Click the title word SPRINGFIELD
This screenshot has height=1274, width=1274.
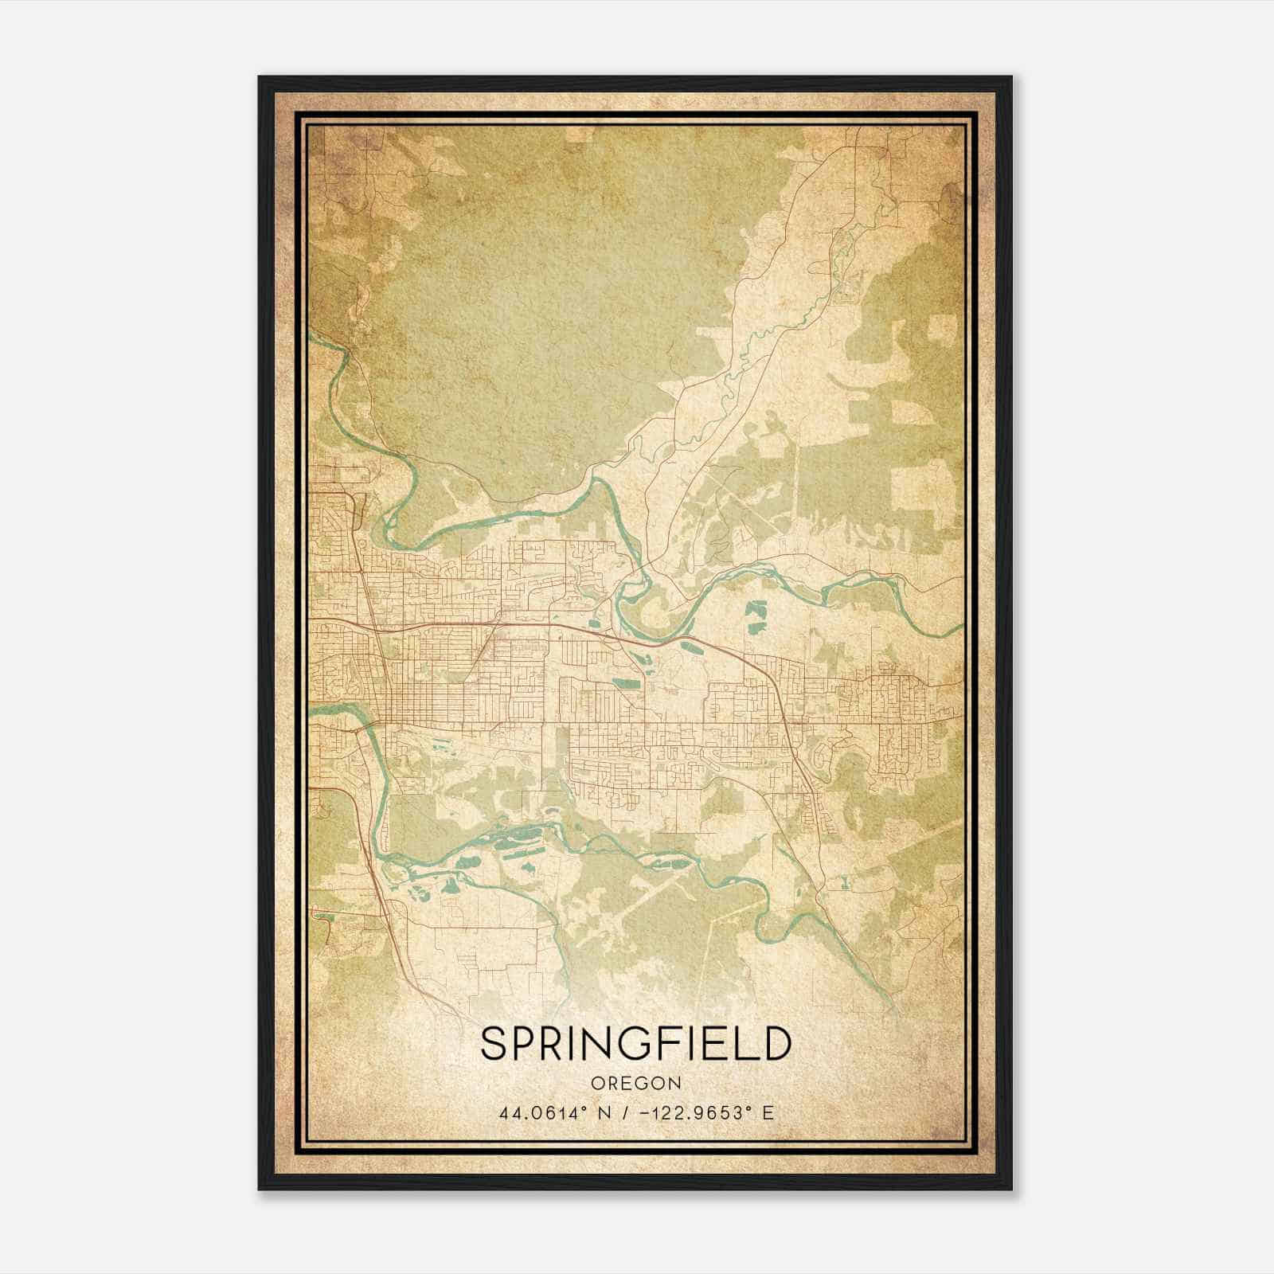(636, 1043)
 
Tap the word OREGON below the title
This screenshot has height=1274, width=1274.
(636, 1084)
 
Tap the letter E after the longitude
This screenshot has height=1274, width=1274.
(768, 1112)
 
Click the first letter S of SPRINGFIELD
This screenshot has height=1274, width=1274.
(493, 1043)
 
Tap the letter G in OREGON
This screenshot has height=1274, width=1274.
(645, 1084)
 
